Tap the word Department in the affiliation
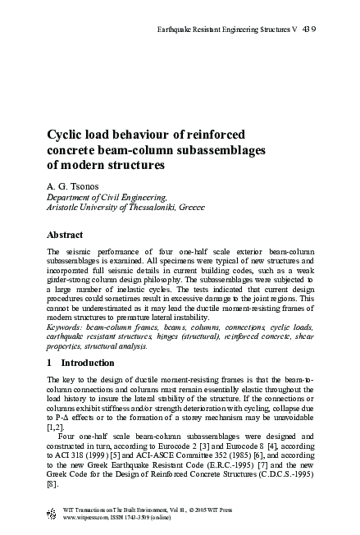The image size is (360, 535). click(73, 198)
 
